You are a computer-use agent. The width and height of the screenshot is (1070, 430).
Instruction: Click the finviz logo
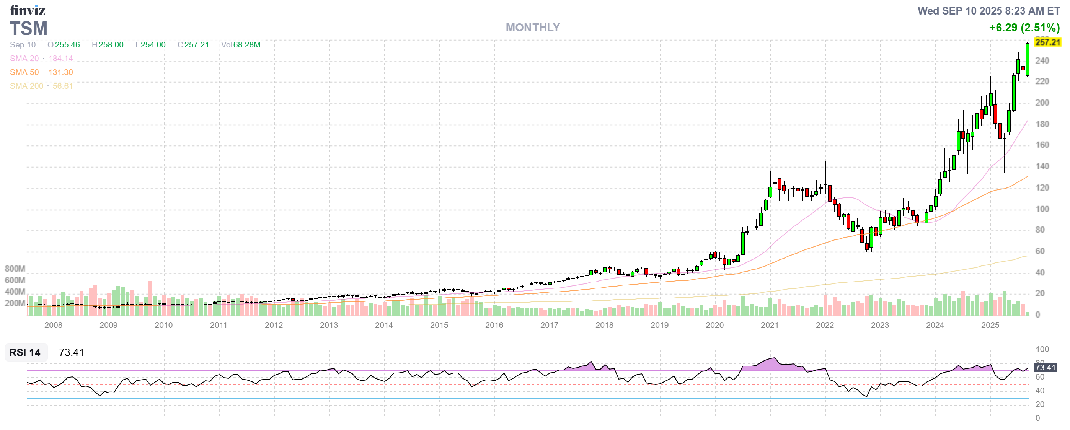point(28,10)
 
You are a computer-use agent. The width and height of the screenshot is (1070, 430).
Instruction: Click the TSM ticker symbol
point(29,29)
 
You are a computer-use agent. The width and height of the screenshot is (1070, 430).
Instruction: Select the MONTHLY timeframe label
point(532,28)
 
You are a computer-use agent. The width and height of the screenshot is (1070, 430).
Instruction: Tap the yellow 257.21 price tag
point(1047,42)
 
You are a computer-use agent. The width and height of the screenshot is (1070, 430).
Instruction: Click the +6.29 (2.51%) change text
point(1024,28)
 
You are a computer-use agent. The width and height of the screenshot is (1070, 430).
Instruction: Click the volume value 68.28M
point(247,44)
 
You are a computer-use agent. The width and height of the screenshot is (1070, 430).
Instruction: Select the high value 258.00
point(111,44)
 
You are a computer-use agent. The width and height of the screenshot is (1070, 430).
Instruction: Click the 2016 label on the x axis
point(494,325)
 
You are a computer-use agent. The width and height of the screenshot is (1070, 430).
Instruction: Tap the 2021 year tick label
point(769,325)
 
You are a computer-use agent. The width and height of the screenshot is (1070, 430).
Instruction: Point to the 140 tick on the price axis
point(1042,166)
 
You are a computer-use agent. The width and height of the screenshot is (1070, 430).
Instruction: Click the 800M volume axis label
point(15,269)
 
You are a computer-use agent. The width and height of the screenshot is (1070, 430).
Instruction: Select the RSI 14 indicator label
point(25,352)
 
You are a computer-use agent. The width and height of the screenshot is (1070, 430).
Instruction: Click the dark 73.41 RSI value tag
point(1045,367)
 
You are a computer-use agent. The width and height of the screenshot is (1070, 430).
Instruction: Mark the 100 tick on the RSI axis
point(1042,349)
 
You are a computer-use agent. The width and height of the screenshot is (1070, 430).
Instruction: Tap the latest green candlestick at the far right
point(1027,59)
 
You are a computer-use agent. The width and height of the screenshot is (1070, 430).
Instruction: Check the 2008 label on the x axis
point(53,325)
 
